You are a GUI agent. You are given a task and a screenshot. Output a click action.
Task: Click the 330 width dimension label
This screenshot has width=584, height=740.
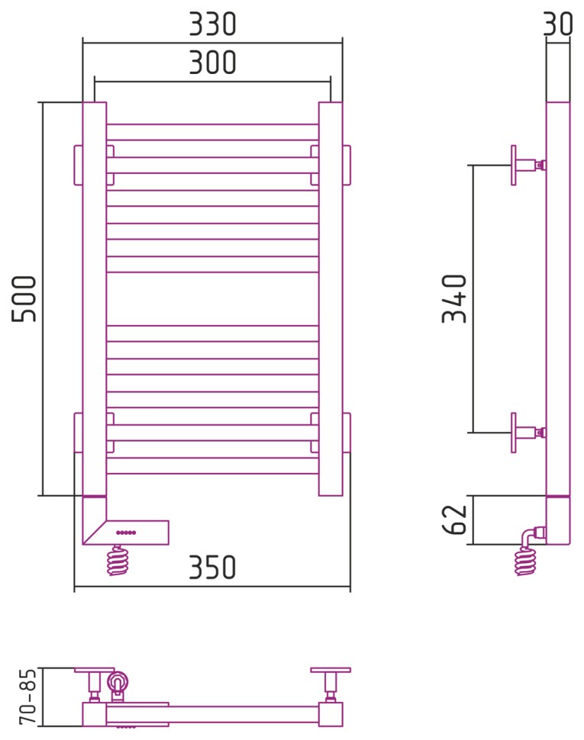point(212,24)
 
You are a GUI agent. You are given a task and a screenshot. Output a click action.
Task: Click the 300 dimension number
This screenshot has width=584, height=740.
point(212,63)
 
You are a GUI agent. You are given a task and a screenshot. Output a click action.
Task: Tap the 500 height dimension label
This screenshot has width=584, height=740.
point(24,299)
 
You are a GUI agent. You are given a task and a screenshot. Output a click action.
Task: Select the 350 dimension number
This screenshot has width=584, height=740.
point(212,567)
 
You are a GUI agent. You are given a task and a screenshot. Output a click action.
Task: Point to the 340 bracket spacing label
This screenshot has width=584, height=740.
point(453,299)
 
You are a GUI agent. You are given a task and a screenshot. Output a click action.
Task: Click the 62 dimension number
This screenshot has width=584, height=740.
point(453,520)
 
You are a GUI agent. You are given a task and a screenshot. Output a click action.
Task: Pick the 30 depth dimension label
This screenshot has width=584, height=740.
point(558,24)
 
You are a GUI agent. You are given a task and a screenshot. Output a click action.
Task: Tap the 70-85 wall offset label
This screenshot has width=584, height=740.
point(27,696)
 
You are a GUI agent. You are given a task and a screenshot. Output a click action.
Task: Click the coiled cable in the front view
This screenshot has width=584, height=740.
point(118,560)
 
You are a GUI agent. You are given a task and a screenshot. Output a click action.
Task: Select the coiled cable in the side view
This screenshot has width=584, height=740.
point(525,560)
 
